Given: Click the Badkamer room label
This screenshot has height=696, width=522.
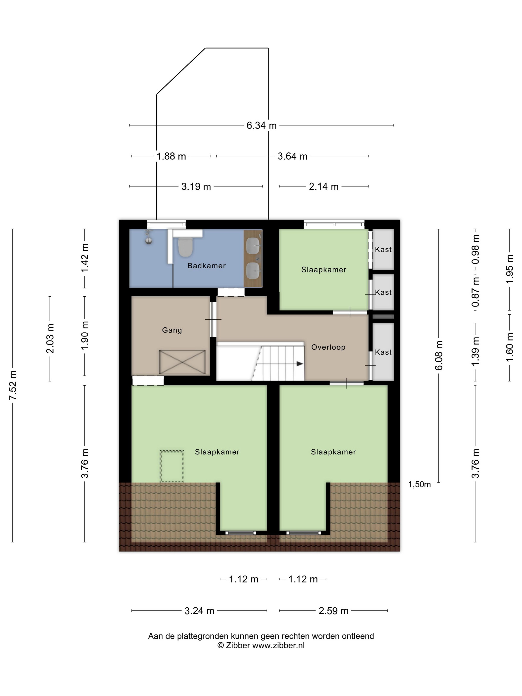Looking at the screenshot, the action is click(206, 265).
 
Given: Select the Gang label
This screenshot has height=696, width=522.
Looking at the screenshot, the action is click(172, 330).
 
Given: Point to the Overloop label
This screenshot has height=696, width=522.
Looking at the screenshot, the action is click(328, 347).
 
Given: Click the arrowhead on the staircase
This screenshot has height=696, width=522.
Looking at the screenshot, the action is click(300, 364).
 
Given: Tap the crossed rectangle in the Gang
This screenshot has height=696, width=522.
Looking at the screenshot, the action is click(182, 362).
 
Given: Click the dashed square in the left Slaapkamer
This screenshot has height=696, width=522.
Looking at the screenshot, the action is click(172, 466).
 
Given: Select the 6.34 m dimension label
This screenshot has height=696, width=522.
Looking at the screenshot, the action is click(261, 126).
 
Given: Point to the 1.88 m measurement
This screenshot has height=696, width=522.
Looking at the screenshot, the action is click(171, 156).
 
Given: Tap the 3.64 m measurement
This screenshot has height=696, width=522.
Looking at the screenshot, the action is click(292, 156).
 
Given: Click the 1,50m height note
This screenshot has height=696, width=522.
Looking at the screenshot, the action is click(419, 484).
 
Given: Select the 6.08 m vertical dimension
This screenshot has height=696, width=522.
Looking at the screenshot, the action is click(439, 355).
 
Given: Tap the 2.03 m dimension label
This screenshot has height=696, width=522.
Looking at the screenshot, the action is click(50, 338).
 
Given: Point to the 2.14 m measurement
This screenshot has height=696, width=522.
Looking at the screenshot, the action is click(324, 187).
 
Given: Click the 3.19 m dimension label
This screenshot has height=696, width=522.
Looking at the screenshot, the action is click(196, 187).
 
